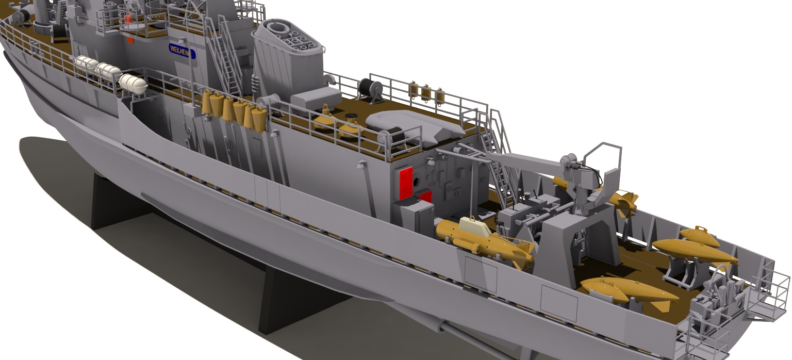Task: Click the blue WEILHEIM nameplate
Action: (x=182, y=51)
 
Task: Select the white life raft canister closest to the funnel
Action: (x=133, y=84)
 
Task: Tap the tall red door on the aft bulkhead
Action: (x=406, y=183)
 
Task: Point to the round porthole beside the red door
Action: (x=416, y=182)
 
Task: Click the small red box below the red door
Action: (x=426, y=197)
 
